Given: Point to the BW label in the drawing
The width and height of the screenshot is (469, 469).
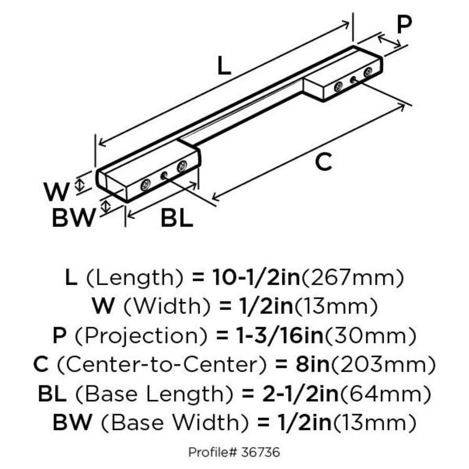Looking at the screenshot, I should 73,218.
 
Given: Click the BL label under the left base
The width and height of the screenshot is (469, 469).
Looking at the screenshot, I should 176,218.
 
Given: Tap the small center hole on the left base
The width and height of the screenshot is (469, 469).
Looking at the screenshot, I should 164,176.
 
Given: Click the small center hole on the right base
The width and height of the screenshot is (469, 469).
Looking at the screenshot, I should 353,79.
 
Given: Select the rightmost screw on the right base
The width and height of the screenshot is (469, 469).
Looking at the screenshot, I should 368,72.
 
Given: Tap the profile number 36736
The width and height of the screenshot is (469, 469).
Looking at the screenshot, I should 261,452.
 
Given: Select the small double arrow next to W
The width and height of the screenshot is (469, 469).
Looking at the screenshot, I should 80,183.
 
